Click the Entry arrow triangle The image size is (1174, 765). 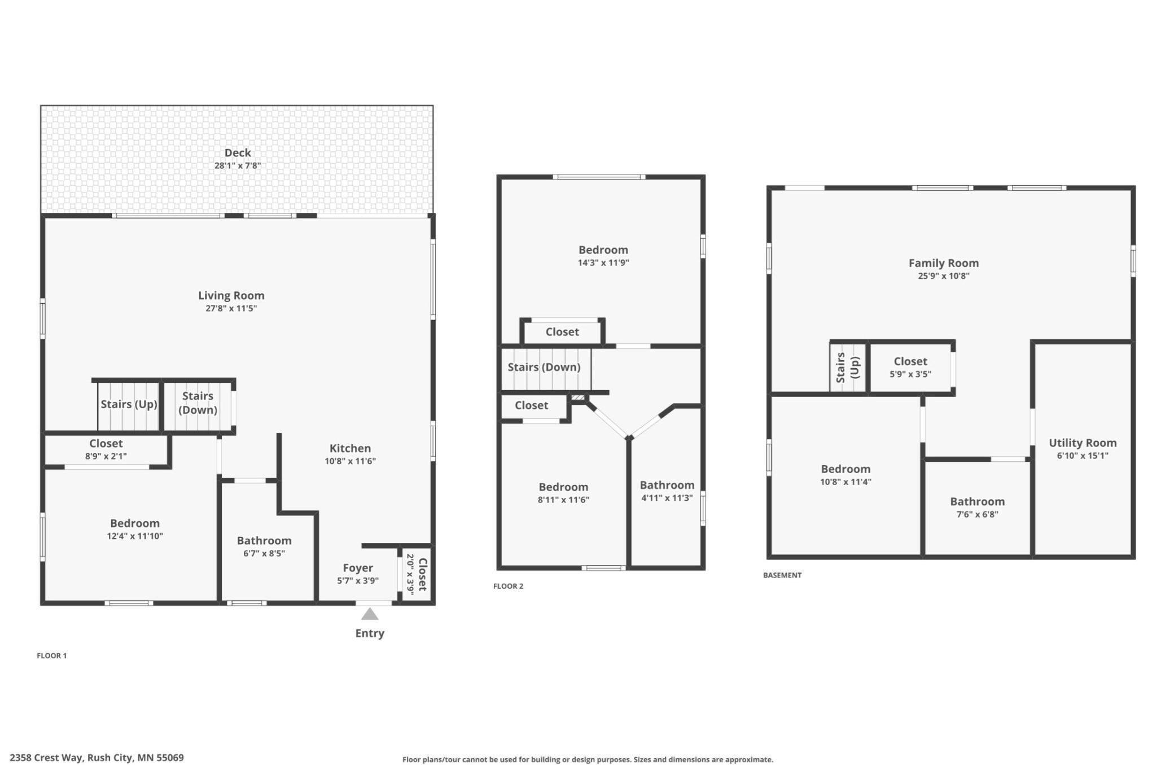coord(370,614)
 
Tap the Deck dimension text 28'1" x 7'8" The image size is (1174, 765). coord(238,166)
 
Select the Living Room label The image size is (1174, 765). coord(231,295)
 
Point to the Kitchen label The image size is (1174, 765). coord(350,448)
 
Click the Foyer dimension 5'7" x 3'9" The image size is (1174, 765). coord(358,581)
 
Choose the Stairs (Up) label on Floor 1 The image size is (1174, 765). coord(129,404)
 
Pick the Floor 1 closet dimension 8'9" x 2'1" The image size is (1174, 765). coord(106,456)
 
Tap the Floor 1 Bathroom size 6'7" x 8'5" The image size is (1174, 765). coord(264,554)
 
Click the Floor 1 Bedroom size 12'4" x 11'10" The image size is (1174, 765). coord(135,536)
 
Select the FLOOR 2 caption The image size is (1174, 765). coord(508,586)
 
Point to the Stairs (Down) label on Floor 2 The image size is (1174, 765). coord(544,368)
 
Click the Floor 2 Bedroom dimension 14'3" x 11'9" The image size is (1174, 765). coord(603,263)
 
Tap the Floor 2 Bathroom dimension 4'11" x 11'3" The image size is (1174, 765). coord(667,498)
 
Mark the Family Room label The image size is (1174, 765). coord(943,263)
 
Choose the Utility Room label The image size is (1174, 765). coord(1082,443)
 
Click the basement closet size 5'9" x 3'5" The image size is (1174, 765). coord(910,374)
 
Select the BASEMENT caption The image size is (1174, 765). coord(782,575)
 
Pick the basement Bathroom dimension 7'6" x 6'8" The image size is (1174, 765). coord(977,515)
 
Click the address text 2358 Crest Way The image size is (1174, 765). coord(46,758)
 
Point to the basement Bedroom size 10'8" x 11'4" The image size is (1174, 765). coord(845,482)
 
